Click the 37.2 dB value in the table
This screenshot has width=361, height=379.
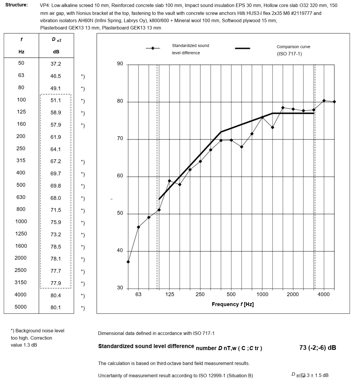pyautogui.click(x=56, y=64)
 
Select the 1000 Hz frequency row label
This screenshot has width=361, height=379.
pyautogui.click(x=21, y=221)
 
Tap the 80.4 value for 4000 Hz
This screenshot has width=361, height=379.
pyautogui.click(x=56, y=296)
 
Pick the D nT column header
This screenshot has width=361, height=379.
pyautogui.click(x=56, y=40)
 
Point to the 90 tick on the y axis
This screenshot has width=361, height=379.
pyautogui.click(x=120, y=64)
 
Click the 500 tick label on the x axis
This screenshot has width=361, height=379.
pyautogui.click(x=231, y=294)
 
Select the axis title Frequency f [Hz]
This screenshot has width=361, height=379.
pyautogui.click(x=233, y=304)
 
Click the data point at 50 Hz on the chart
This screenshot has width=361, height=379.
pyautogui.click(x=128, y=262)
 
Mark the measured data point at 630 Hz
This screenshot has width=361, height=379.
pyautogui.click(x=241, y=147)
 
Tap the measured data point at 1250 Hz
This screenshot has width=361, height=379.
pyautogui.click(x=272, y=128)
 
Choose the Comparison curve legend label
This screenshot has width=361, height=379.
pyautogui.click(x=293, y=47)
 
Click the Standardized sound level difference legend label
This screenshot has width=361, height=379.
pyautogui.click(x=190, y=49)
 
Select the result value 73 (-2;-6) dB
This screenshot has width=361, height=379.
pyautogui.click(x=318, y=347)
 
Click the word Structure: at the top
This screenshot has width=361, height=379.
pyautogui.click(x=17, y=5)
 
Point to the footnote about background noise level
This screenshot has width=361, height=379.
pyautogui.click(x=37, y=338)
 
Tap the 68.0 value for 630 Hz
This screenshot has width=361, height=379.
pyautogui.click(x=56, y=198)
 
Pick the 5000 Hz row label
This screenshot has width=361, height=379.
pyautogui.click(x=21, y=307)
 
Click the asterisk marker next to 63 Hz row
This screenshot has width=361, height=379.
pyautogui.click(x=83, y=76)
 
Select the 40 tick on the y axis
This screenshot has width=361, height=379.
pyautogui.click(x=120, y=251)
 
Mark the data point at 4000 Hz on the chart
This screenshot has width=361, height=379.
pyautogui.click(x=324, y=101)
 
